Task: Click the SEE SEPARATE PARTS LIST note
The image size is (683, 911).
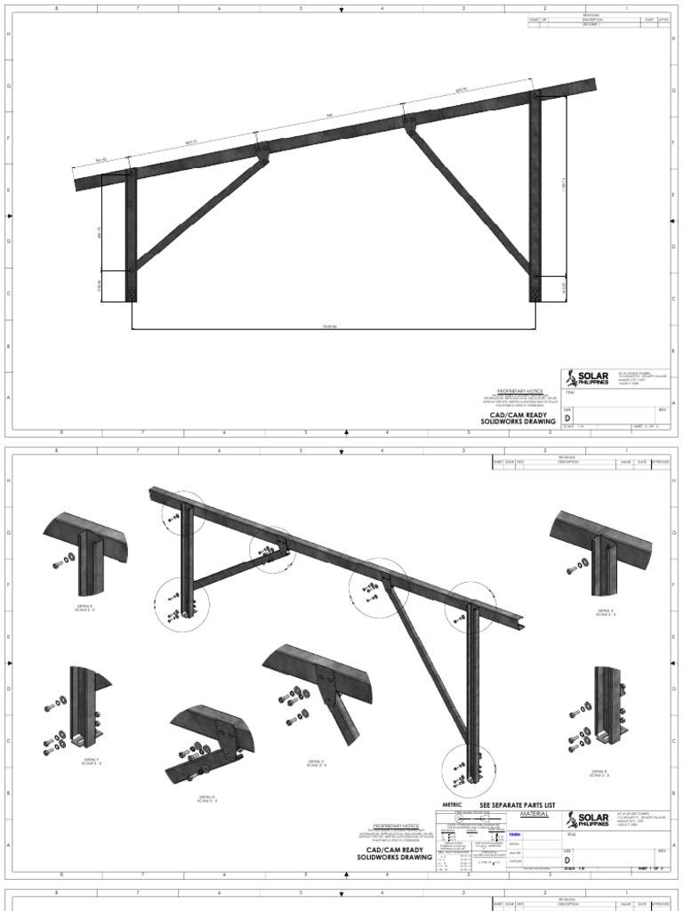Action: point(516,805)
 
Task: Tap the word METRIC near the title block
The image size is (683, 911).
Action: point(453,805)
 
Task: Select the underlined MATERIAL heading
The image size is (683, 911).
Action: point(527,814)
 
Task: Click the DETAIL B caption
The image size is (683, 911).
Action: point(599,773)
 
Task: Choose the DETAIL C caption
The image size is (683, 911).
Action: point(317,763)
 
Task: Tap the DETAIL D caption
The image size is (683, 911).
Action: point(207,799)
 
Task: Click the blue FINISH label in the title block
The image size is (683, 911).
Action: point(515,834)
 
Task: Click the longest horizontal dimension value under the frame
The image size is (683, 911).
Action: point(328,326)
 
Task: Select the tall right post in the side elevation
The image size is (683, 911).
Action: point(534,196)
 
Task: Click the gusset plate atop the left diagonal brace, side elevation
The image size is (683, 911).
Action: point(263,151)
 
